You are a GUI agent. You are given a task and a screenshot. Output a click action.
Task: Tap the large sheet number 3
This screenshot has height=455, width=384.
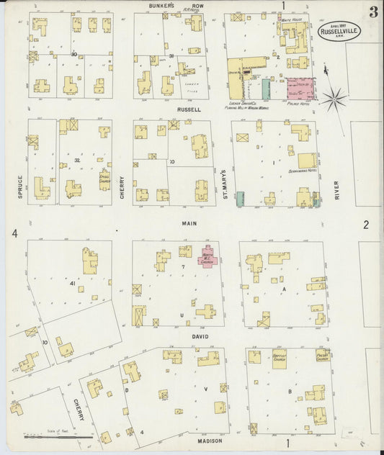point(373,12)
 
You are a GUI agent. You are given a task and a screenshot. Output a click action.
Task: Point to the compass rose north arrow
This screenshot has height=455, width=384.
point(333,99)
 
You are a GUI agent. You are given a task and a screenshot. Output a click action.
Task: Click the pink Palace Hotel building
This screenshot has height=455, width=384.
point(302,89)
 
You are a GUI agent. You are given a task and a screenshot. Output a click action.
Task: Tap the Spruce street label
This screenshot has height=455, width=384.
point(20,186)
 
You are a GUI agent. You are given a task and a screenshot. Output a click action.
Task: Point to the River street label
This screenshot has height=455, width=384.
point(336,189)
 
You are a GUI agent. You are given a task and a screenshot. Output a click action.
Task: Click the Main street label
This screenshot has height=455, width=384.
point(189,223)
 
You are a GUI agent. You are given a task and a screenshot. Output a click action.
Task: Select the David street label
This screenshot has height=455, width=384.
point(200,335)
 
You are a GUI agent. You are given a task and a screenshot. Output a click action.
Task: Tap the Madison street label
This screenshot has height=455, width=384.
point(209,439)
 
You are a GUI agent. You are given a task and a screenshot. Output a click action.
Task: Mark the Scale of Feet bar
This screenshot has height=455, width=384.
point(58,436)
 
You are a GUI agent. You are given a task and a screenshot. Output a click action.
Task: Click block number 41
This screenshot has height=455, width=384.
point(73,284)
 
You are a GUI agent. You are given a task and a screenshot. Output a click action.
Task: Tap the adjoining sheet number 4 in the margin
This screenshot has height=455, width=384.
point(14,233)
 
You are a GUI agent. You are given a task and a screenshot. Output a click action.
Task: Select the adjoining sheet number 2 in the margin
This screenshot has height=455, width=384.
point(366,225)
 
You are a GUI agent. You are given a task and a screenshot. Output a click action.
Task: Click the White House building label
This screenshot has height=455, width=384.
point(291,19)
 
